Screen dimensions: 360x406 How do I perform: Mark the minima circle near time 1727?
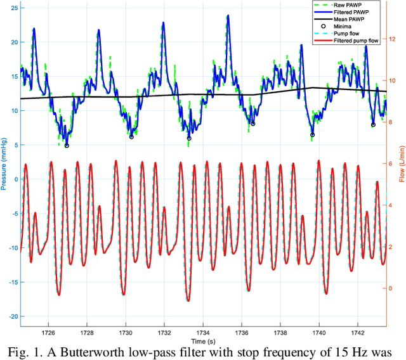pyautogui.click(x=67, y=145)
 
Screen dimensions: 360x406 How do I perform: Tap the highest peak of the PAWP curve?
pyautogui.click(x=227, y=15)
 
